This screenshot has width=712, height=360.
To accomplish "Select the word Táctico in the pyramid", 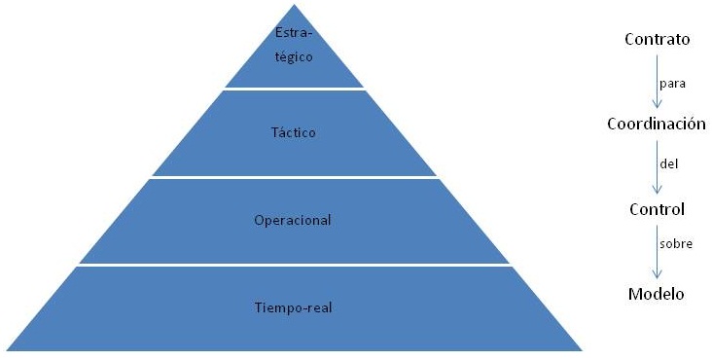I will [x=294, y=131].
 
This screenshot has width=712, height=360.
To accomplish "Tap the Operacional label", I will [x=294, y=220].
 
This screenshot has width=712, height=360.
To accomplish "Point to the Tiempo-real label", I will [x=294, y=307].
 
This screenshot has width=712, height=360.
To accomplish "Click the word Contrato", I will [x=657, y=40].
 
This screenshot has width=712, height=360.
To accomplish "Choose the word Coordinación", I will [x=656, y=125].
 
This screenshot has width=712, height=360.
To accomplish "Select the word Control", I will [x=657, y=209].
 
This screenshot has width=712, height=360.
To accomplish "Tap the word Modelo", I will [x=657, y=294].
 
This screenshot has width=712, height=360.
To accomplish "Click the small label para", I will [x=673, y=83].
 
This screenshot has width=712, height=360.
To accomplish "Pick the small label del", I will [x=668, y=164].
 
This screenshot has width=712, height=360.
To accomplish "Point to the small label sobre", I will [x=676, y=244].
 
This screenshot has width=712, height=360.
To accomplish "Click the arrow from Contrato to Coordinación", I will [x=657, y=82].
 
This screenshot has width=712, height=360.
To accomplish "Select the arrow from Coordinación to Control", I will [x=657, y=166].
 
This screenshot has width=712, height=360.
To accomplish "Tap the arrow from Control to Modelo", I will [x=657, y=251].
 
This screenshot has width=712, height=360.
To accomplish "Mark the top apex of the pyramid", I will [x=294, y=5].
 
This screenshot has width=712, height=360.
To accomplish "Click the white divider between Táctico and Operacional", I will [x=294, y=176].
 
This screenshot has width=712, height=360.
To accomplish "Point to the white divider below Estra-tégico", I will [x=294, y=90].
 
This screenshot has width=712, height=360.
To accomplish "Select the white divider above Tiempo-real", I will [x=294, y=265].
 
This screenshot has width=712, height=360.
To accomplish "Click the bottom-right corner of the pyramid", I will [x=581, y=349].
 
